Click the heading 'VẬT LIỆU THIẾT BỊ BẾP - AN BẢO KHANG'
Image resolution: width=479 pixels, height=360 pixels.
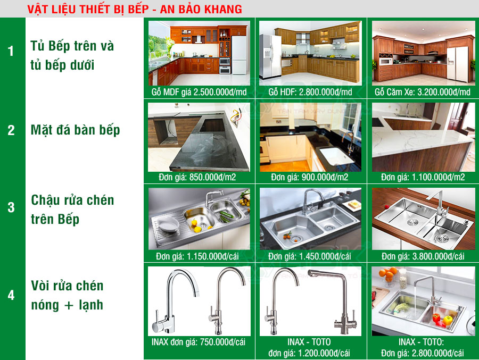coord(135,9)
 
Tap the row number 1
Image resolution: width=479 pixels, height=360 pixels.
coord(11,51)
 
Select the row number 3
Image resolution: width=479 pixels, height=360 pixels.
coord(11,207)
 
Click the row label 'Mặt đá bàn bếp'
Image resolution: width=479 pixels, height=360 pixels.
coord(75,130)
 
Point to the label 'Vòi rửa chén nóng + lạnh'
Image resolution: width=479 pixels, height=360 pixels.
coord(67,295)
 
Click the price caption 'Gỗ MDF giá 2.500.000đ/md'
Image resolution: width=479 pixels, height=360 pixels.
coord(199,92)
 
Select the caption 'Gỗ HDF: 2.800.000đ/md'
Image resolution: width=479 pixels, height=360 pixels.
coord(310,92)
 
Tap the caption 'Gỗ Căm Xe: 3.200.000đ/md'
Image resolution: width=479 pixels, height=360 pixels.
coord(423,92)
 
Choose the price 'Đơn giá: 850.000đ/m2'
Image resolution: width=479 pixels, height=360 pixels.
coord(197,177)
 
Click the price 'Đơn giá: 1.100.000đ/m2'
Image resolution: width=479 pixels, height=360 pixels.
coord(423,177)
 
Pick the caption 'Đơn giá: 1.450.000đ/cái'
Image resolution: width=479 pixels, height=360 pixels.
coord(309,256)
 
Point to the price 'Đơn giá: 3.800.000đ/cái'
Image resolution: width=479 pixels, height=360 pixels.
coord(423,256)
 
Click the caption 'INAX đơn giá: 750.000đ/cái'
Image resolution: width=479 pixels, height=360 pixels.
coord(199,342)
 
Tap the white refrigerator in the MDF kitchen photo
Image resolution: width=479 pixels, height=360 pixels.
coord(239,55)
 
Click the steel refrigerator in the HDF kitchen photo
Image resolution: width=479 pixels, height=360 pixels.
coord(270,56)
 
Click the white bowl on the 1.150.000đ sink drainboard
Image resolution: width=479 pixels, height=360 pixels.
coord(168,225)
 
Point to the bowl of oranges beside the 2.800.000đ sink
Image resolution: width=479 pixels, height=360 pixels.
coord(389,277)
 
